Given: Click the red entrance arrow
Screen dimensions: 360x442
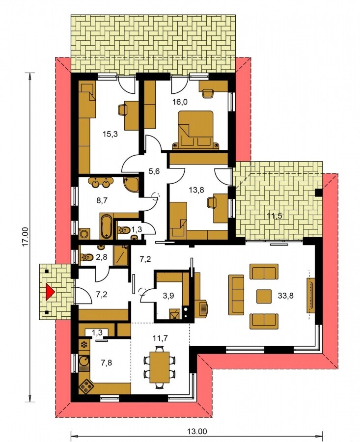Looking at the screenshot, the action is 50,292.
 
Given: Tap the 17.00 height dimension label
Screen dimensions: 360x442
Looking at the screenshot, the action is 26,237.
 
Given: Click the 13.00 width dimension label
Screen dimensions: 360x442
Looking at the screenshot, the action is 197,431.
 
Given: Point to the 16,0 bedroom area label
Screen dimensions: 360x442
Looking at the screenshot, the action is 180,102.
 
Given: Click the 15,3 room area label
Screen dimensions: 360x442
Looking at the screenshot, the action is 110,134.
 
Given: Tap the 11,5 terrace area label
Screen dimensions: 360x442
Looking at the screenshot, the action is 274,217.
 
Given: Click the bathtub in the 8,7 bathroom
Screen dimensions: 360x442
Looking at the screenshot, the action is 106,226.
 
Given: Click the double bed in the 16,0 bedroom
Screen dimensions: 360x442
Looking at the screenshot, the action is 195,130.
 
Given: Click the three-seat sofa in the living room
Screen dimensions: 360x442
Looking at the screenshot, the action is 236,295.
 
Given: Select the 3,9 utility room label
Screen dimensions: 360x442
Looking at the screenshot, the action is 168,296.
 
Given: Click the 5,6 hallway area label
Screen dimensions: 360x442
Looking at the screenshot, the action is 154,171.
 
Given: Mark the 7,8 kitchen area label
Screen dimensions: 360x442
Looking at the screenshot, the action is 106,363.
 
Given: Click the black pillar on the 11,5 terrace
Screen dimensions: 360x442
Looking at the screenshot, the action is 319,192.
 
